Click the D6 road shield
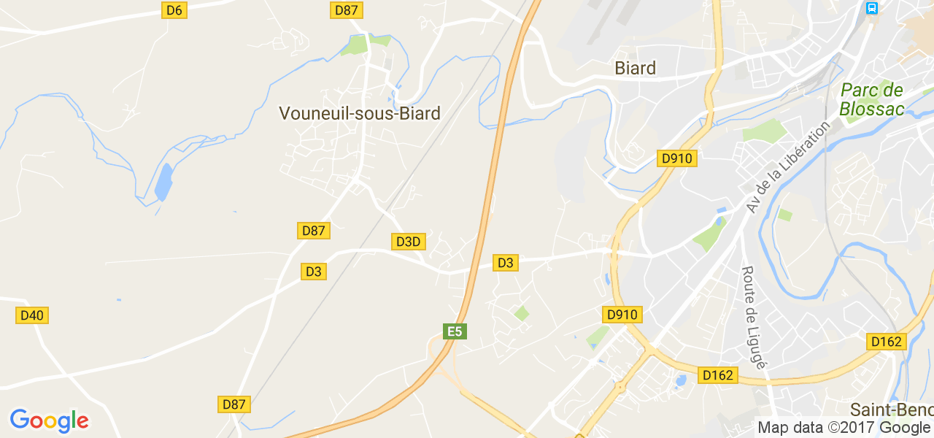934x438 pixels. (x=174, y=10)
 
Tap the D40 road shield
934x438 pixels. (x=32, y=315)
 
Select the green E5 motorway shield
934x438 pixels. (x=455, y=331)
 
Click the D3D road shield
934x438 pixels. (x=408, y=241)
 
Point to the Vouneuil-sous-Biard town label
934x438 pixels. (x=360, y=113)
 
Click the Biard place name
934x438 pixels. (x=635, y=68)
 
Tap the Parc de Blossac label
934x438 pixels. (x=871, y=100)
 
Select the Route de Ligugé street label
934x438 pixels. (x=753, y=317)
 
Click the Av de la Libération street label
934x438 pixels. (x=788, y=167)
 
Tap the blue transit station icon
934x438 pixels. (x=871, y=8)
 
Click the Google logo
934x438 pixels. (x=49, y=420)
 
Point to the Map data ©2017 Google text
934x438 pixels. (x=844, y=427)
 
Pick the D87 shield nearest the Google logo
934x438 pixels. (x=234, y=404)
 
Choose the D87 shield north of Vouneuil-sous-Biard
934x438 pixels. (x=347, y=10)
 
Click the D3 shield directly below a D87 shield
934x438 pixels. (x=313, y=272)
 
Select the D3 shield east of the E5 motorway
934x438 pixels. (x=505, y=262)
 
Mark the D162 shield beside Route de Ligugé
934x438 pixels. (x=718, y=375)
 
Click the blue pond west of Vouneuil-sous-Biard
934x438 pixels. (x=163, y=182)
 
